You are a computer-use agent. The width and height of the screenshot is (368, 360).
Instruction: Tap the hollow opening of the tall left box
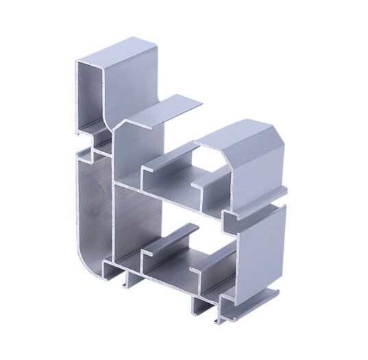tap(92, 96)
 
